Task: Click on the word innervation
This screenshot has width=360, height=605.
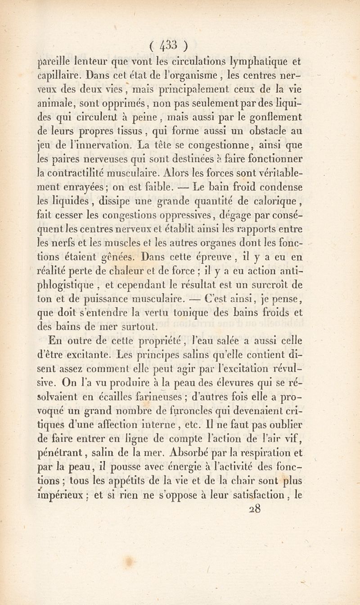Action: tap(108, 146)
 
